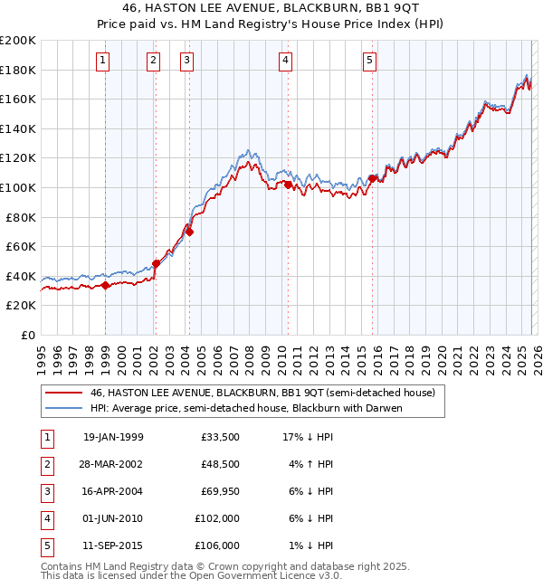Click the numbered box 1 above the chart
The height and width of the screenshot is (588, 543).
[103, 61]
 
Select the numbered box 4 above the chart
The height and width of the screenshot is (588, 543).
[285, 61]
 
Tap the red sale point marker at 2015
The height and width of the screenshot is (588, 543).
[373, 178]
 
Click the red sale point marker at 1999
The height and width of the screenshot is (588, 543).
[106, 285]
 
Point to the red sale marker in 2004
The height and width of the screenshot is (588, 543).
[189, 232]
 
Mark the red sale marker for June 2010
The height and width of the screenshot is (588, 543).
[288, 185]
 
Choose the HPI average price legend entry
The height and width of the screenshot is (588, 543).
[245, 408]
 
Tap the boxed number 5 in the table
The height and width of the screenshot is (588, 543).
[44, 545]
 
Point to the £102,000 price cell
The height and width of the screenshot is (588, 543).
[215, 519]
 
